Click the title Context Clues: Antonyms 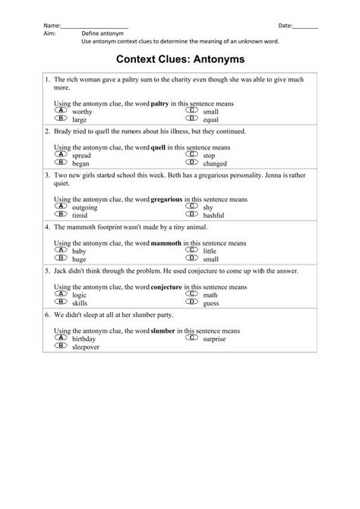(x=180, y=58)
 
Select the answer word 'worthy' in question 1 (x=82, y=112)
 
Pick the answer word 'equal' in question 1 (x=210, y=119)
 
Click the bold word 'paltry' (x=160, y=103)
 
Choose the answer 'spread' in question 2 (x=81, y=155)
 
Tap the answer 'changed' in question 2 (x=215, y=163)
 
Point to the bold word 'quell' (x=159, y=146)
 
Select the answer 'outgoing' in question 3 (x=85, y=207)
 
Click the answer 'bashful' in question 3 (x=213, y=214)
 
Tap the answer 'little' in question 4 (x=210, y=250)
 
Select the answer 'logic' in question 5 (x=79, y=294)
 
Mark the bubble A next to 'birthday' (x=61, y=337)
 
